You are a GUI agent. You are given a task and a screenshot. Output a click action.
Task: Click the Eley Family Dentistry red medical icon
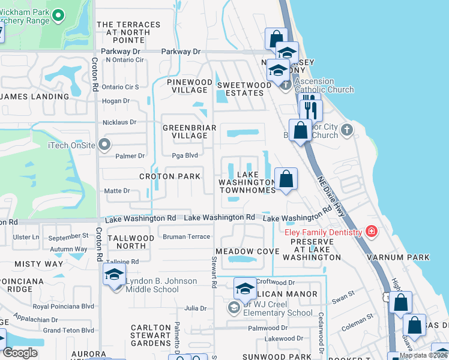point(372,232)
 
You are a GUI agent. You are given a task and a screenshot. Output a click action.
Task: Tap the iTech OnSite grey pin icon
point(105,144)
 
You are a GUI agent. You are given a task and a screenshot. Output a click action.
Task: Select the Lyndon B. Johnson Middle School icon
point(113,276)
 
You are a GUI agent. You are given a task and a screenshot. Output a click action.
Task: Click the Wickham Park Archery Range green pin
point(58,14)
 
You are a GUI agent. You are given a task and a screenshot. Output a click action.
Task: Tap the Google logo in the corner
point(20,353)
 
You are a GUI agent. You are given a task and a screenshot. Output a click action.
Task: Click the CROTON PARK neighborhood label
point(170,176)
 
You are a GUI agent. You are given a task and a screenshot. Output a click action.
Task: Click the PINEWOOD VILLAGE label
point(190,86)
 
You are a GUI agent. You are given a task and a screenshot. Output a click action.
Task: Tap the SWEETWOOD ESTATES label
point(244,89)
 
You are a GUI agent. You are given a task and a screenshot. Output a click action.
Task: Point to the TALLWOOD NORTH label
point(130,242)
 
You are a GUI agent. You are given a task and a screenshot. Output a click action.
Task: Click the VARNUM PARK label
point(403,257)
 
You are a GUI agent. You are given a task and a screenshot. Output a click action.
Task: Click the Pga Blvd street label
point(184,155)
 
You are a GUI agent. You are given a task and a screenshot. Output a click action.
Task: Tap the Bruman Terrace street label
point(186,237)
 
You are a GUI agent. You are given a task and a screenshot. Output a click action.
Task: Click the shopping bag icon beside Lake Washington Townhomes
point(286,179)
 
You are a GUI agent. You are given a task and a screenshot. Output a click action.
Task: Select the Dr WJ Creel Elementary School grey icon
point(234,307)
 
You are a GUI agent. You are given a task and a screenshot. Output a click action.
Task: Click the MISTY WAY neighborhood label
point(38,264)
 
